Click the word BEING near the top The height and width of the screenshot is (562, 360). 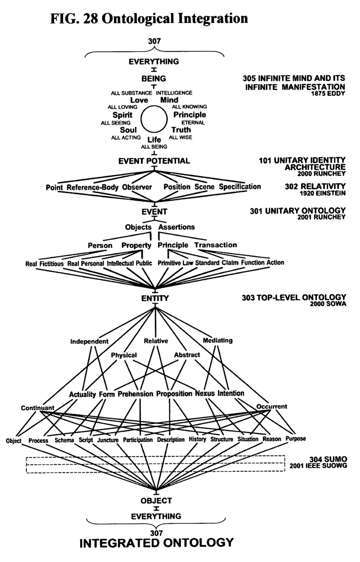point(154,79)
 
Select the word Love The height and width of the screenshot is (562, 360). point(139,99)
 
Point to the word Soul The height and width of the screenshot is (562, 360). point(122,130)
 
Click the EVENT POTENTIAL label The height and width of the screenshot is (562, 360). point(154,161)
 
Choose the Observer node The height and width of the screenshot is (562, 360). point(137,187)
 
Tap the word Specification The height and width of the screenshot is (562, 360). point(240,186)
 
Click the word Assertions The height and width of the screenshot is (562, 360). point(176,227)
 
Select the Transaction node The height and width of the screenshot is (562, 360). point(216,245)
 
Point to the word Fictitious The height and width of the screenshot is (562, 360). point(53,263)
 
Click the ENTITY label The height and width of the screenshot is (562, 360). point(154,298)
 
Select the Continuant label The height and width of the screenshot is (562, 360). point(37,408)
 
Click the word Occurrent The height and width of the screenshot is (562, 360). point(271,406)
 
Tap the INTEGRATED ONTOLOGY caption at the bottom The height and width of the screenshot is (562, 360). point(157,542)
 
